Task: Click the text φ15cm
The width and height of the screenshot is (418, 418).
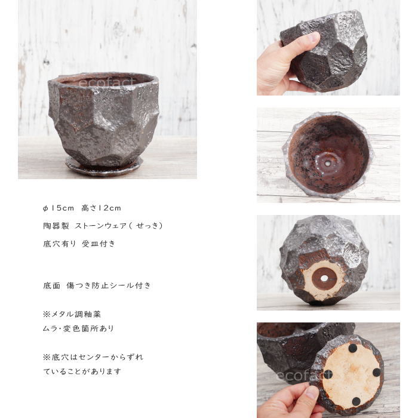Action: point(59,208)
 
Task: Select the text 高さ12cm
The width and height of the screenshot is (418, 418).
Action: point(101,208)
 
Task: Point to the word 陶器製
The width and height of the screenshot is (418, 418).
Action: point(56,226)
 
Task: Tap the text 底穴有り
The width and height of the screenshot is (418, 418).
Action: point(60,244)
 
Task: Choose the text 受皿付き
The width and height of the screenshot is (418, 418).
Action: point(99,244)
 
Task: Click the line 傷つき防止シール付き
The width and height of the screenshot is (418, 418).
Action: point(109,285)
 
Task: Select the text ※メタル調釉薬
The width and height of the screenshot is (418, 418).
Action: point(72,314)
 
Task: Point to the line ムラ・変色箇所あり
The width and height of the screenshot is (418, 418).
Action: point(78,328)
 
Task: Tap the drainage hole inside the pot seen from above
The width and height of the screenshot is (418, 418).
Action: point(327,164)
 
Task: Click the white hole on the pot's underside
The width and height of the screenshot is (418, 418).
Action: point(324,278)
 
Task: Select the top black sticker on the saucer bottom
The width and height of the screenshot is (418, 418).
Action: point(353,348)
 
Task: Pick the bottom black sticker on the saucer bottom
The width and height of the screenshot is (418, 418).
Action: point(356,401)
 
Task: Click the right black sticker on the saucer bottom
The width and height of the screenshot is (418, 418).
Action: point(376,372)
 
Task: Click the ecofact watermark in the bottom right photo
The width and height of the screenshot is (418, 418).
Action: point(305,376)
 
